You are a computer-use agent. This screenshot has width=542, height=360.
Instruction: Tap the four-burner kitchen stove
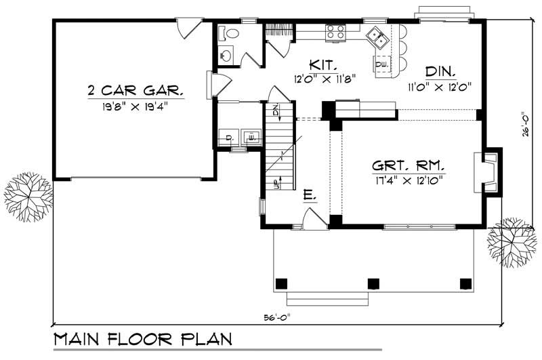(x=335, y=31)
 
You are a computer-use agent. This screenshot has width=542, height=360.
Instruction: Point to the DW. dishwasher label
(x=381, y=64)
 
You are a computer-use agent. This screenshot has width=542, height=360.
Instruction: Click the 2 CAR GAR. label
(x=135, y=90)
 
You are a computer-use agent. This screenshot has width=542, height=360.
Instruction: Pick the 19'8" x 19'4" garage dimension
(x=135, y=105)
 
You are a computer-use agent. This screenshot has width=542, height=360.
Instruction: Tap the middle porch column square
(x=371, y=283)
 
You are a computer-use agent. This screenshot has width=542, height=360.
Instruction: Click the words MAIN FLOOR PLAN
(x=142, y=339)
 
